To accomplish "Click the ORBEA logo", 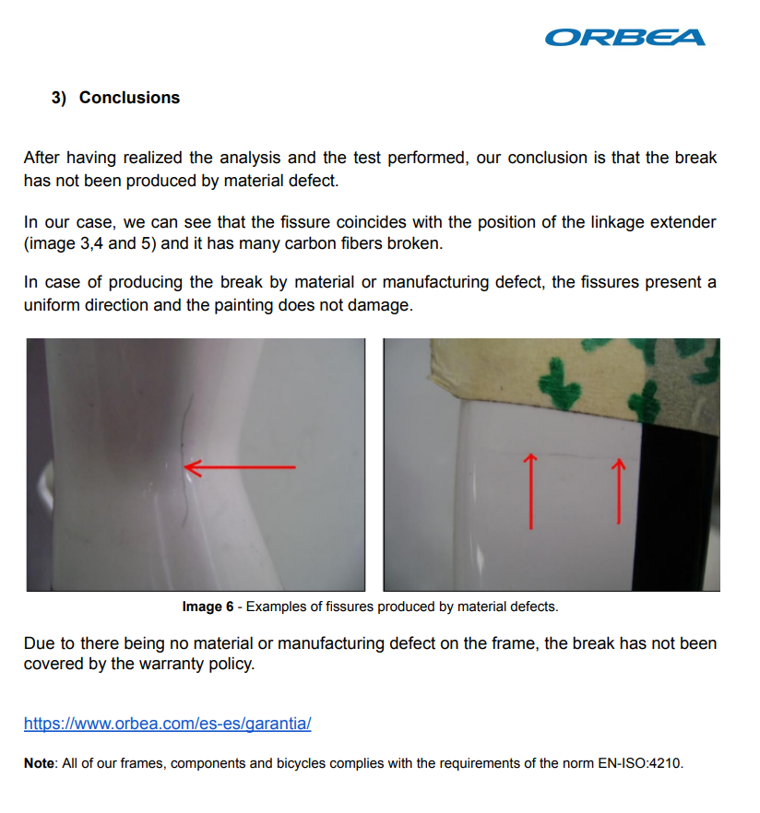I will pos(624,37).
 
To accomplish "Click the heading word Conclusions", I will pos(129,98).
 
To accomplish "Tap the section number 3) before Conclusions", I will pos(59,98).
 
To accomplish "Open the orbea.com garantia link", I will pos(167,724).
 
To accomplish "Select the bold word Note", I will pos(39,763).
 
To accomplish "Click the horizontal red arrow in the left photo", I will pos(241,467).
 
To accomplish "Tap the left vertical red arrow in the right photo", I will pos(531,490).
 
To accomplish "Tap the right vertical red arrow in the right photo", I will pos(619,490).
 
